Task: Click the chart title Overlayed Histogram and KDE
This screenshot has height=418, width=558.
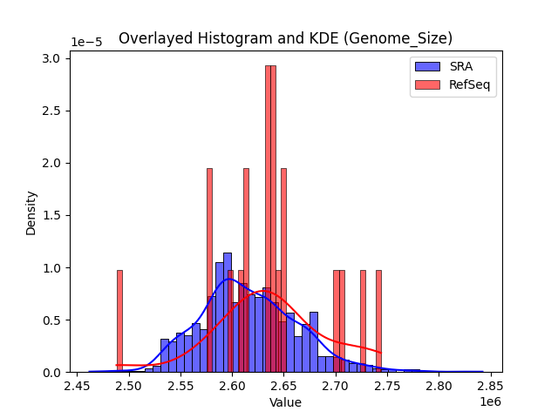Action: point(285,38)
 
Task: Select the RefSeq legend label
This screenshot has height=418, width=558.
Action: point(468,84)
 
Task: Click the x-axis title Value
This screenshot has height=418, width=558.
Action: point(285,403)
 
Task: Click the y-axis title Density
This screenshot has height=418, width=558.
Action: point(31,212)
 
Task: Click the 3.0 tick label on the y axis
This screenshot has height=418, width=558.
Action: point(52,58)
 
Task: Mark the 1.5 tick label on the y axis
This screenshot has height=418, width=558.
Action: point(52,215)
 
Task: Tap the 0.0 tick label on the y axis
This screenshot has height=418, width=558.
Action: point(52,372)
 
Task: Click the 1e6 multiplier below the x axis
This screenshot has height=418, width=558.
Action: point(489,401)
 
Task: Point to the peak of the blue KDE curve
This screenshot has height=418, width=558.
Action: point(228,280)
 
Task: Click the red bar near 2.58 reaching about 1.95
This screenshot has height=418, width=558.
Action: point(209,270)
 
